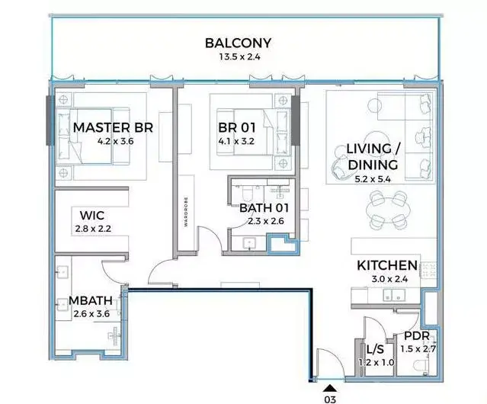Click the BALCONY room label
point(238,43)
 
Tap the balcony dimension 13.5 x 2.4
point(239,57)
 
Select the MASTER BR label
point(113,127)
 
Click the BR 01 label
point(237,127)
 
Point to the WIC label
point(92,215)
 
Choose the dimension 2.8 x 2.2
point(93,229)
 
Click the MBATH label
point(91,300)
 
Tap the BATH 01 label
point(264,208)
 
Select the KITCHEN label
point(387,265)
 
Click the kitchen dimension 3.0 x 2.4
point(389,279)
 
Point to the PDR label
point(416,335)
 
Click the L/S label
point(375,350)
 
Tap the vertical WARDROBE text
point(186,211)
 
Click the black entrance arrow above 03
point(330,388)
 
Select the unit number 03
point(330,399)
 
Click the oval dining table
point(388,210)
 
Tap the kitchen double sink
point(393,295)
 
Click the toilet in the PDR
point(421,366)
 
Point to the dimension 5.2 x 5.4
point(373,179)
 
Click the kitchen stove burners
point(428,270)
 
